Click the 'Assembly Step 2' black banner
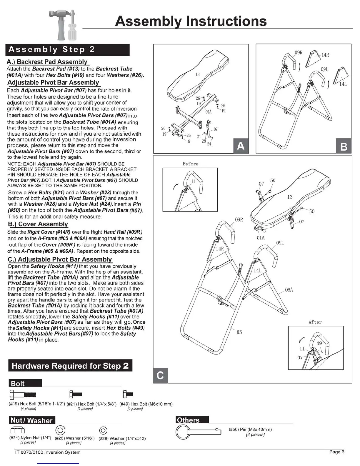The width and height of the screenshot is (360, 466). pos(67,49)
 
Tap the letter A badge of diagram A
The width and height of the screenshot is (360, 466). pos(241,146)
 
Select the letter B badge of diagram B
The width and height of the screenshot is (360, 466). pos(344,146)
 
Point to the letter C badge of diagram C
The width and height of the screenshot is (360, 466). pos(160,375)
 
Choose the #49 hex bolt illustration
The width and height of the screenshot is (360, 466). pos(128,394)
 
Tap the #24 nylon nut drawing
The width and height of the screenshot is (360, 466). pos(18,430)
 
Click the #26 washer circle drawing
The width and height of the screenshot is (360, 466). pos(60,430)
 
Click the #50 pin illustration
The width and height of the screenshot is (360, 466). pos(198,432)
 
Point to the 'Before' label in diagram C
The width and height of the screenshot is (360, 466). pos(190,164)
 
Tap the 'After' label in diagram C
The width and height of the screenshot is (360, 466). pos(315,322)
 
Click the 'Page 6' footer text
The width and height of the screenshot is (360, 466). pos(337,452)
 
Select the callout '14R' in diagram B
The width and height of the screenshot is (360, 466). pos(325,55)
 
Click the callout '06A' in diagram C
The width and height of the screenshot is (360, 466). pos(289,290)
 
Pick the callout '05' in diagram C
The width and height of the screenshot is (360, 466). pos(239,332)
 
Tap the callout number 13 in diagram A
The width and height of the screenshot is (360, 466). pos(198,74)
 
